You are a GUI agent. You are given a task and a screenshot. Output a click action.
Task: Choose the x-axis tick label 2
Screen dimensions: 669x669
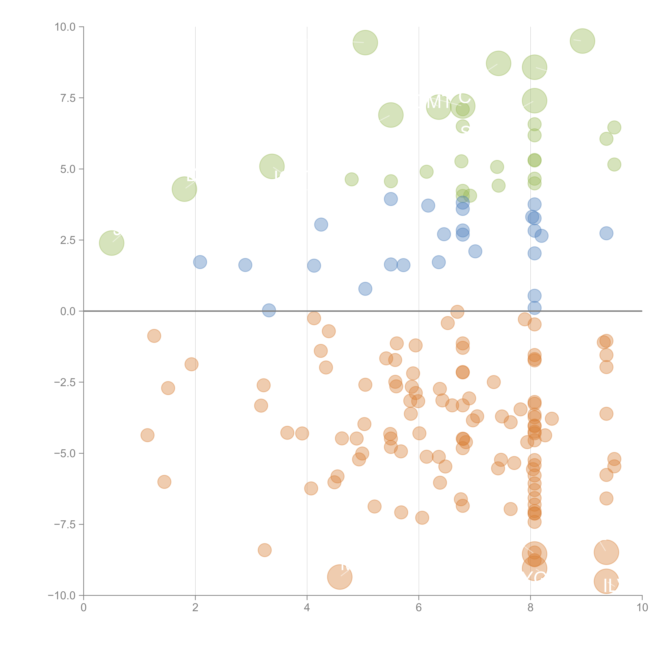click(195, 608)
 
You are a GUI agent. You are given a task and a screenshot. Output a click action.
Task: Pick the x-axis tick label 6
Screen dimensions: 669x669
click(419, 608)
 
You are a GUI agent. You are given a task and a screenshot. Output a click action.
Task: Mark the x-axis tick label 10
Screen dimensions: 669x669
click(642, 608)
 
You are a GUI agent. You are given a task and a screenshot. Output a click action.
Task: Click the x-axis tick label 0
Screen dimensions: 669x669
click(83, 608)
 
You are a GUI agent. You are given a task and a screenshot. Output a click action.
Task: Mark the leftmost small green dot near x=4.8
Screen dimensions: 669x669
click(351, 179)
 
